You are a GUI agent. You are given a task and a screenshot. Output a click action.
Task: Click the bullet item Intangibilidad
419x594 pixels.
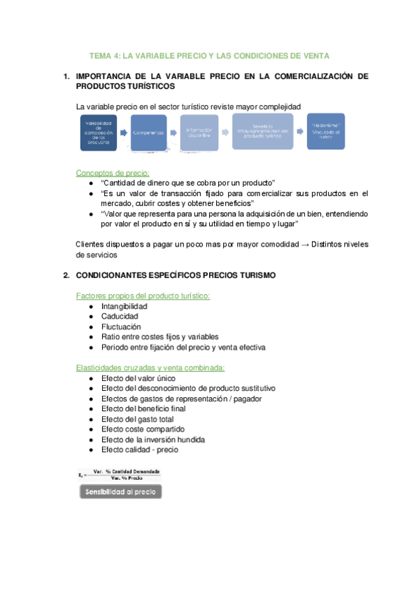(124, 307)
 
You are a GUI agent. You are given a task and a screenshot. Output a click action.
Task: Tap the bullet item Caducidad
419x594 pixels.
(120, 317)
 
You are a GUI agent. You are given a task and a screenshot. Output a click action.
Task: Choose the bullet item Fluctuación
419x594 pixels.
(121, 326)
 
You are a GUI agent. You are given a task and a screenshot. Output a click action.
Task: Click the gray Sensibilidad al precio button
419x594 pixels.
(120, 492)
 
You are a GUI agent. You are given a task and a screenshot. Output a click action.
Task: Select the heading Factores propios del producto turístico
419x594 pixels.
(143, 296)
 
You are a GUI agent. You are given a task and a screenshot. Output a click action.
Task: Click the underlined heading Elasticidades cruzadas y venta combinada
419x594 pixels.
(150, 368)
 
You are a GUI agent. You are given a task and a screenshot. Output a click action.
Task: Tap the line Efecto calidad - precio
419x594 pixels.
(139, 450)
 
